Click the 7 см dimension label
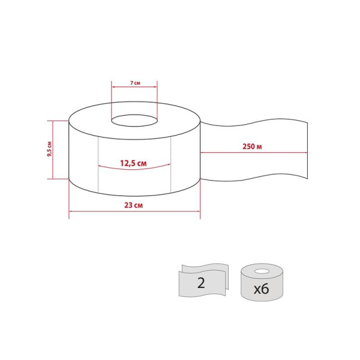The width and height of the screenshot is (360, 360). pyautogui.click(x=135, y=83)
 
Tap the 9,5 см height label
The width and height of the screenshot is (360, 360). pyautogui.click(x=49, y=149)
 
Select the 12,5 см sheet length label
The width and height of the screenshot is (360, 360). pyautogui.click(x=133, y=163)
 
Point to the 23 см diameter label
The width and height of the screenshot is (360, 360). pyautogui.click(x=133, y=205)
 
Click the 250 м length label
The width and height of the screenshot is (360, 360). pyautogui.click(x=252, y=146)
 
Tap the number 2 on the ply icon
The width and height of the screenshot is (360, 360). pyautogui.click(x=201, y=283)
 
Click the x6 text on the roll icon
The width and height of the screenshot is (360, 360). pyautogui.click(x=261, y=289)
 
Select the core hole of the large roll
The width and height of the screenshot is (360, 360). pyautogui.click(x=134, y=121)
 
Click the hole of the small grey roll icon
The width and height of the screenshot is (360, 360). pyautogui.click(x=262, y=272)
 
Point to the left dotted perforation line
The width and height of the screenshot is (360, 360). pyautogui.click(x=98, y=164)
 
